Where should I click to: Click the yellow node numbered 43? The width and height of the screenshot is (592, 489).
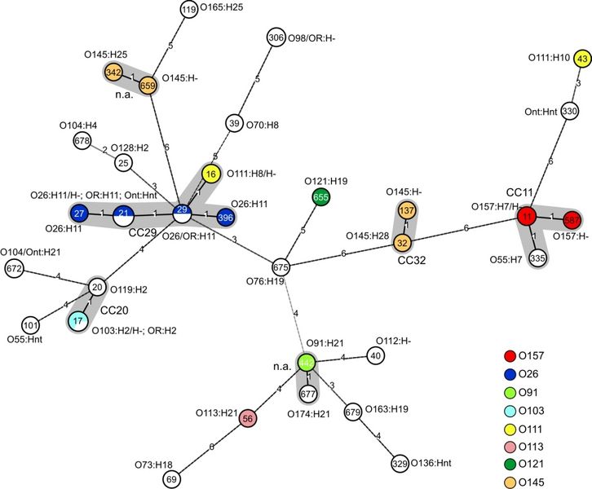(582, 59)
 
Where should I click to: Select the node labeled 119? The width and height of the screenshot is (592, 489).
(189, 10)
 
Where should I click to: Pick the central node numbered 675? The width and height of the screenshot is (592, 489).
(281, 267)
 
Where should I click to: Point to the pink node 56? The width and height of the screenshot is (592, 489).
(250, 418)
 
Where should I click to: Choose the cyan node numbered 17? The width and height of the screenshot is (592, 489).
(77, 320)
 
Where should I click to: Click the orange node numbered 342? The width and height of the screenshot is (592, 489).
(113, 73)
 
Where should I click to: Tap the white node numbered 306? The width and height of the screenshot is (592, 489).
(275, 37)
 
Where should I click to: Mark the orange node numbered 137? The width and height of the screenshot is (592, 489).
(407, 211)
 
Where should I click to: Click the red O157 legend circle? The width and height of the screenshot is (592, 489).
(510, 355)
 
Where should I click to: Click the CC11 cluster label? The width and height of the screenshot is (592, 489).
(519, 192)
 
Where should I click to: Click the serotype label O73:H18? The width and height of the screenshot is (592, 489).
(158, 465)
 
